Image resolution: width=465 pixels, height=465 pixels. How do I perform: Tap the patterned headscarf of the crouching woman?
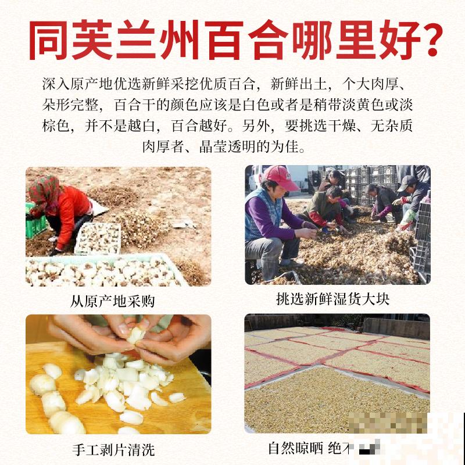click(45, 188)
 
